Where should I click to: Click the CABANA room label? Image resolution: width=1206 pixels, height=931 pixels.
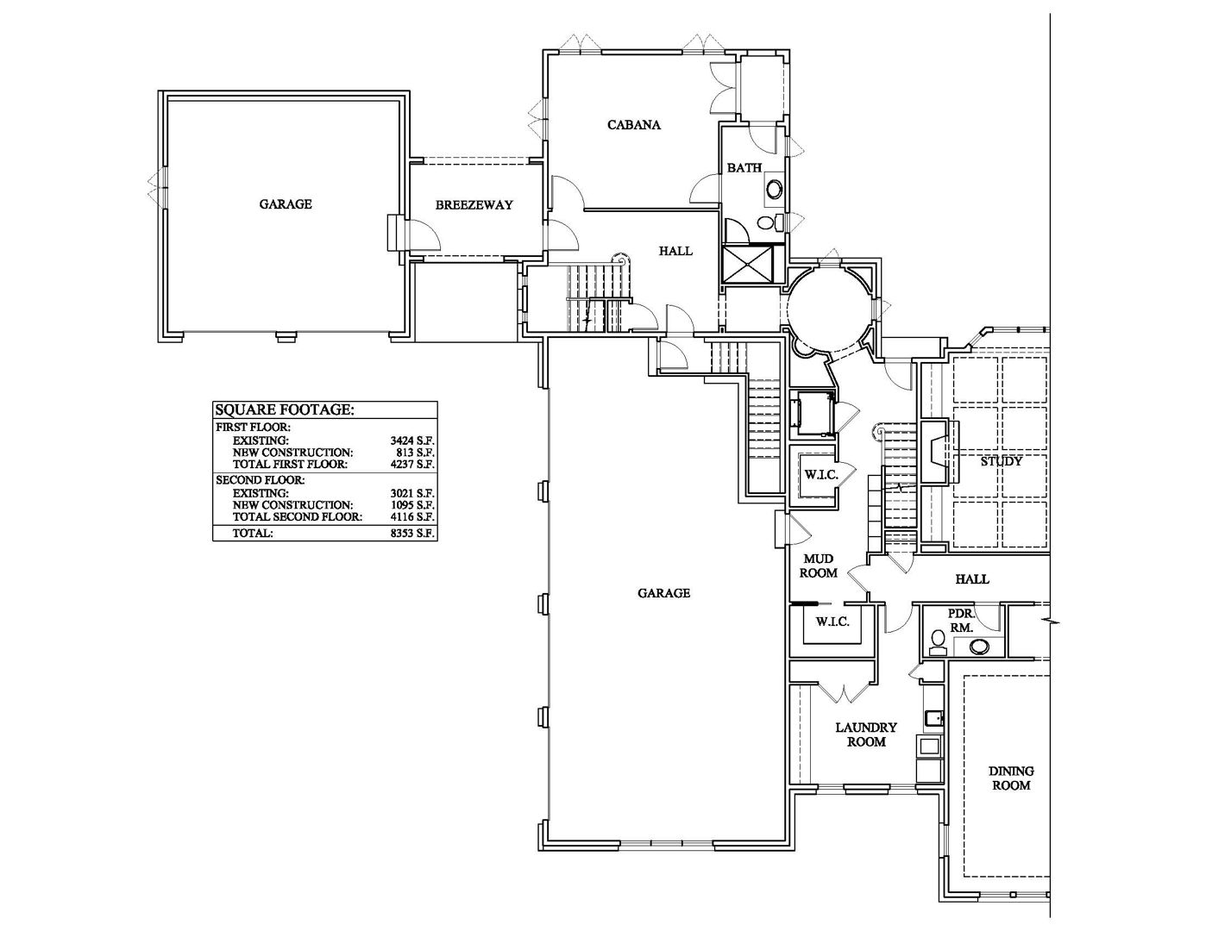click(634, 125)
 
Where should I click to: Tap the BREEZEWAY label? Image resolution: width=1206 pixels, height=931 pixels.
click(474, 205)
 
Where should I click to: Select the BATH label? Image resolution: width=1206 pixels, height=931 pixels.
click(744, 167)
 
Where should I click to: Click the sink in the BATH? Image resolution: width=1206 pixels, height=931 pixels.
click(773, 188)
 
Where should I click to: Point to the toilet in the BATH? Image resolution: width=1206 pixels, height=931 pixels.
click(769, 223)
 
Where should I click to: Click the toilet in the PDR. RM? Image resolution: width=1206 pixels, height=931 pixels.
click(938, 643)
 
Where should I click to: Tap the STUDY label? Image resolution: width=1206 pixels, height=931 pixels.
click(1002, 461)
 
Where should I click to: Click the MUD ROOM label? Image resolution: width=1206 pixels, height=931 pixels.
click(818, 565)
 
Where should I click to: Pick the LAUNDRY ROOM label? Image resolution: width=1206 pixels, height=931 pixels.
click(866, 734)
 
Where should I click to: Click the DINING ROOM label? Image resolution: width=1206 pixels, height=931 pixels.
click(1011, 778)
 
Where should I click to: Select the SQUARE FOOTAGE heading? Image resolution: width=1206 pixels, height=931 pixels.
click(285, 409)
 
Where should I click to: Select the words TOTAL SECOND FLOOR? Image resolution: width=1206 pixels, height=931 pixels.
click(298, 516)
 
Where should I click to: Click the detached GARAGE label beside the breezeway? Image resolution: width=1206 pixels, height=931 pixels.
click(286, 204)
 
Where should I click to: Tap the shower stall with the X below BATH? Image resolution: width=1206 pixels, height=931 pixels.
click(748, 265)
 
